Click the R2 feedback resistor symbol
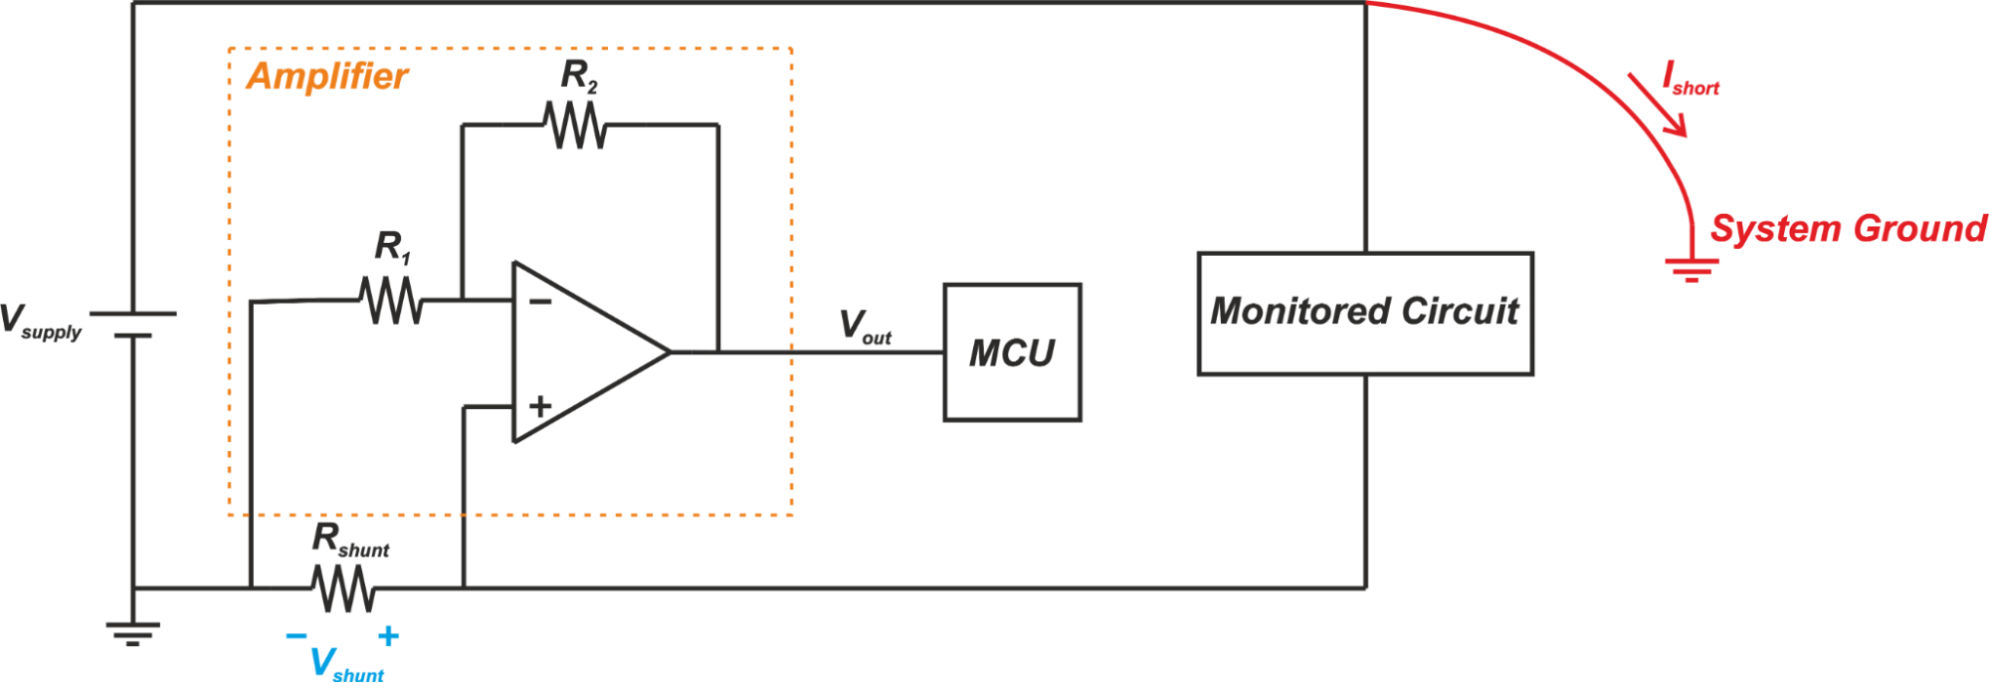(575, 125)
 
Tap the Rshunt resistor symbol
(343, 588)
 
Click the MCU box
(1012, 352)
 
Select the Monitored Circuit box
(1364, 313)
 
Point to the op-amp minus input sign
(540, 301)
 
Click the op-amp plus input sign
(540, 406)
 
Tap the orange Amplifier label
(326, 77)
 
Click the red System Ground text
(1848, 229)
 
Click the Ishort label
(1691, 79)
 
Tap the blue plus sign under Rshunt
(389, 636)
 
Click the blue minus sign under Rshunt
(297, 635)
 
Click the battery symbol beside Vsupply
(132, 325)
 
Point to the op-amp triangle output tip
(670, 351)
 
